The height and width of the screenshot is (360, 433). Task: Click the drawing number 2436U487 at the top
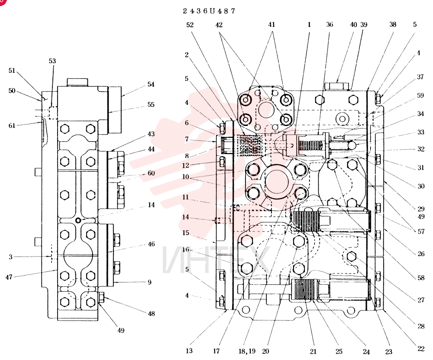[209, 11]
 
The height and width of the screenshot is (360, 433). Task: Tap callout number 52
[190, 25]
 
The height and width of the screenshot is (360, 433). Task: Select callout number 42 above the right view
[219, 25]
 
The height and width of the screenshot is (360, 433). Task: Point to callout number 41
[272, 25]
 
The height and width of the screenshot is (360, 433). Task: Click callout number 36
[330, 25]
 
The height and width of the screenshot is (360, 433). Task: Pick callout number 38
[393, 25]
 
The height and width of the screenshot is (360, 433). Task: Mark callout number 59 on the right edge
[420, 96]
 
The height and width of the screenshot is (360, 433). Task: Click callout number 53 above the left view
[52, 61]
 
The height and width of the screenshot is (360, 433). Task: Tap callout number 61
[12, 125]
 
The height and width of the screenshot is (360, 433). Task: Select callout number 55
[151, 105]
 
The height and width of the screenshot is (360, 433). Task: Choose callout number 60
[151, 173]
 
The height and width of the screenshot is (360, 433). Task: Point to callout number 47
[9, 277]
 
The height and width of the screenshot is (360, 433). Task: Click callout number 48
[151, 314]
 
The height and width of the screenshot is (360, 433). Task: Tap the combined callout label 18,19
[247, 351]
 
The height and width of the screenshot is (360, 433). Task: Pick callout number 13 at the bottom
[189, 351]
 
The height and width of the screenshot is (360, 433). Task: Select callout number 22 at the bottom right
[420, 349]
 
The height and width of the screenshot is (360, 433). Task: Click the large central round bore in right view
[277, 182]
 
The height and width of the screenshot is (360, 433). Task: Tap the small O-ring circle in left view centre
[78, 220]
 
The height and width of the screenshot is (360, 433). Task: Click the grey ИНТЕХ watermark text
[216, 259]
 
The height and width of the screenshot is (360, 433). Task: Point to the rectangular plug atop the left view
[78, 82]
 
